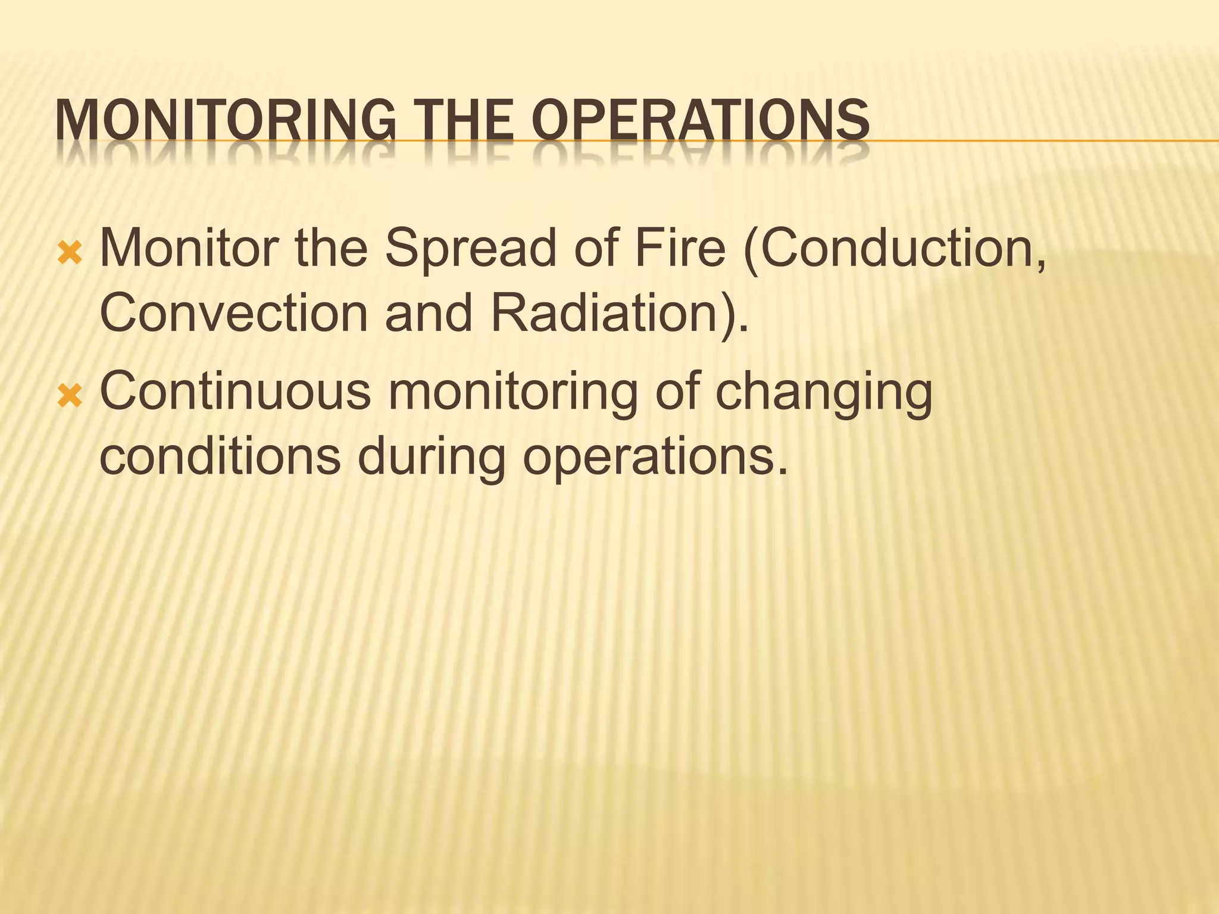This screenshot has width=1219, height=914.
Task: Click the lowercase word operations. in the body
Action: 655,458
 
